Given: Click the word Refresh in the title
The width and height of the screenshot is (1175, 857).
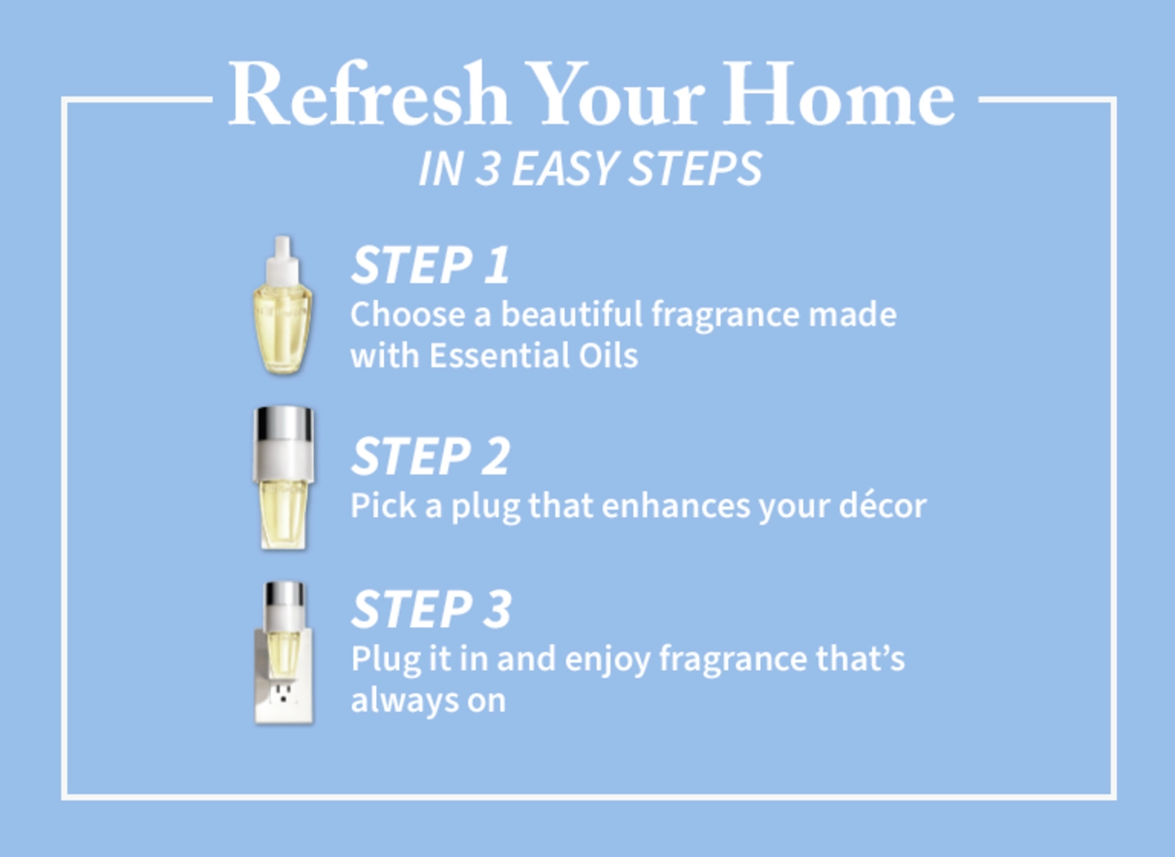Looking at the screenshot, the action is pyautogui.click(x=368, y=94).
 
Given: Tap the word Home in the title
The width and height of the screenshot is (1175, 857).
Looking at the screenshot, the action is pyautogui.click(x=839, y=94).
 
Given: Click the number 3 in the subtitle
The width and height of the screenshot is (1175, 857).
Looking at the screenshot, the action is pyautogui.click(x=487, y=168).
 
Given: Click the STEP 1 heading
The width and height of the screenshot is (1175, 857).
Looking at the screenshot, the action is pyautogui.click(x=430, y=264).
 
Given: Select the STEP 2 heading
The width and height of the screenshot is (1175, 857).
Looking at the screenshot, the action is pyautogui.click(x=430, y=456).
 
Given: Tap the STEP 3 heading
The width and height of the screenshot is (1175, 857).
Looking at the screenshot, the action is pyautogui.click(x=431, y=609).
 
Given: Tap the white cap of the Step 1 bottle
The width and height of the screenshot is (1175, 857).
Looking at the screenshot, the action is pyautogui.click(x=283, y=259).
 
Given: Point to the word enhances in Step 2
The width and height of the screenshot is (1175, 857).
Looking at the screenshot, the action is pyautogui.click(x=676, y=506).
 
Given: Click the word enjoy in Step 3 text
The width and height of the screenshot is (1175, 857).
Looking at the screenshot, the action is pyautogui.click(x=608, y=660).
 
